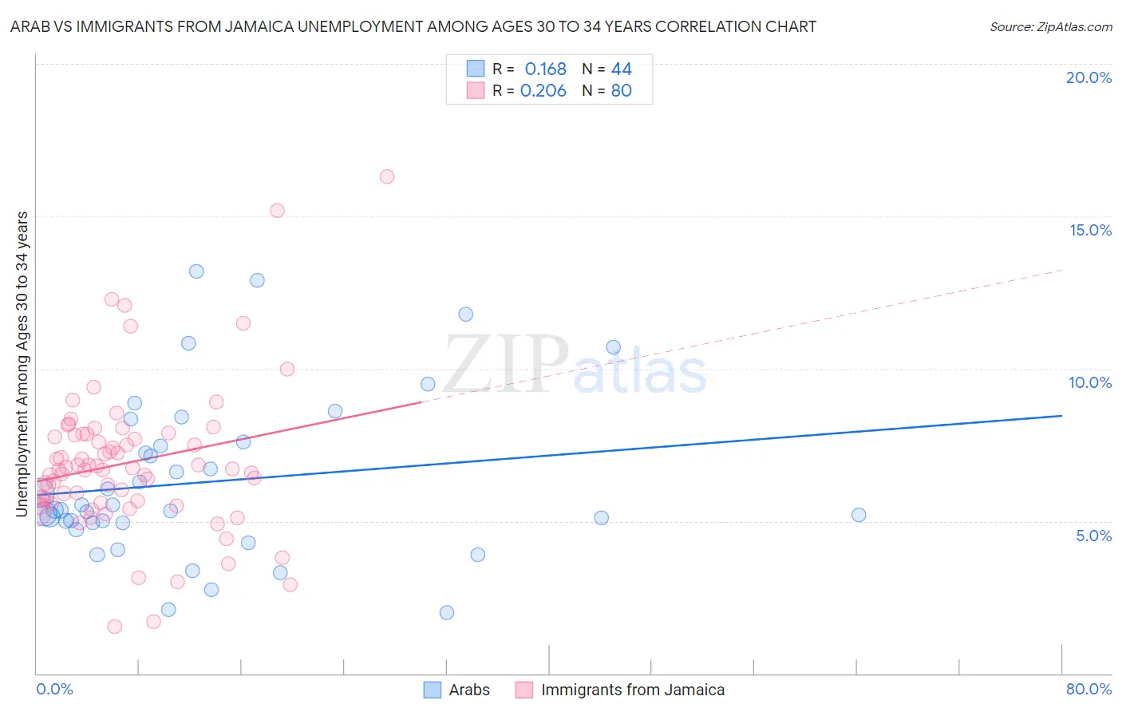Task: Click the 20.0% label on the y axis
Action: point(1088,77)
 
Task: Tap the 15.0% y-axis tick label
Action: point(1090,230)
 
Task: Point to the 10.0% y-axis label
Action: point(1090,382)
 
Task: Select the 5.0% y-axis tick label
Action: point(1093,536)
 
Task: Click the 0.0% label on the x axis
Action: point(54,689)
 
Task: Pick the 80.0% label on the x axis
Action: point(1088,689)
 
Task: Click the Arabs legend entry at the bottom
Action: point(468,690)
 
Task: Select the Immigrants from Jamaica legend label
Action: point(632,690)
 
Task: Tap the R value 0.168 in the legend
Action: point(545,69)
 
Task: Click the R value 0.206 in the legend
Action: point(543,91)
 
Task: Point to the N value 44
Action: point(621,69)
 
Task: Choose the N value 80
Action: point(621,91)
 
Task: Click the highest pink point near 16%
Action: point(387,176)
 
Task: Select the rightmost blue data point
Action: point(859,515)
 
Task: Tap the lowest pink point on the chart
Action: point(115,627)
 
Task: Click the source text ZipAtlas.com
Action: point(1050,27)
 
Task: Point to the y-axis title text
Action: point(22,364)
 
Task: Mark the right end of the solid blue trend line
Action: point(1061,416)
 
